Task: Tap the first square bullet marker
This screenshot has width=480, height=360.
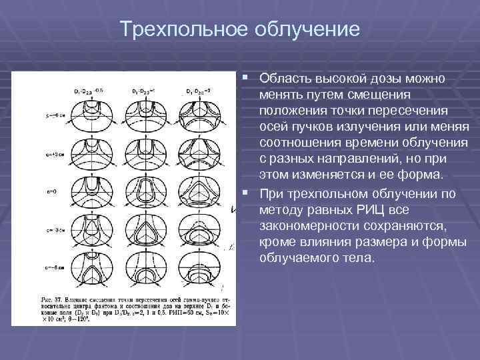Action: click(x=249, y=79)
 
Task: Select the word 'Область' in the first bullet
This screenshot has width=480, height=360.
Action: click(x=285, y=79)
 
